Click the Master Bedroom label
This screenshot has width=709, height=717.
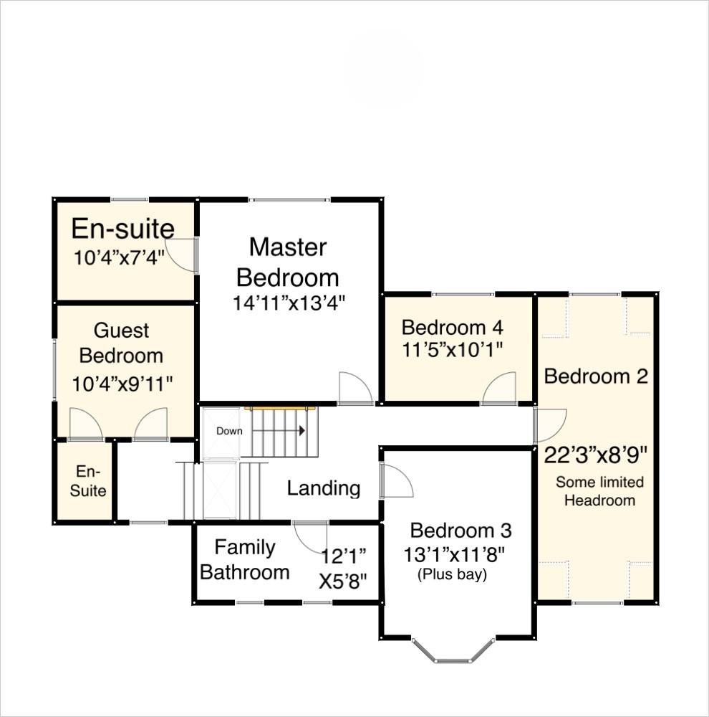coord(288,262)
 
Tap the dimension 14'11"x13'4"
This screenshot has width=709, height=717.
coord(289,303)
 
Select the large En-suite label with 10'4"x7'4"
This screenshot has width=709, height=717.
coord(123,229)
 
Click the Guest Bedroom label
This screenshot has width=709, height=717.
coord(122,343)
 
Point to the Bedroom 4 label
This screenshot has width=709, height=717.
coord(452,328)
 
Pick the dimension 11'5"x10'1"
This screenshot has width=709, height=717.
coord(452,349)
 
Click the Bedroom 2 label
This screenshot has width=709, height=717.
coord(596,376)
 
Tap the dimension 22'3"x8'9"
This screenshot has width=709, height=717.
coord(596,455)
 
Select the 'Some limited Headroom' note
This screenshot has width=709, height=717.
coord(599,491)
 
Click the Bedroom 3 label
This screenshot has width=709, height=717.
coord(460,531)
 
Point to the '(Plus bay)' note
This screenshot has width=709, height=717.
coord(452,574)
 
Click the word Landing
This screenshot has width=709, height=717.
coord(323,489)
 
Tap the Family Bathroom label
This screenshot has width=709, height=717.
coord(245,560)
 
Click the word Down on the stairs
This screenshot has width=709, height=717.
coord(229,431)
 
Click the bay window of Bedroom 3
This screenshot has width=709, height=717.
coord(453,652)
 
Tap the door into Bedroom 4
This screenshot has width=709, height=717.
coord(499,389)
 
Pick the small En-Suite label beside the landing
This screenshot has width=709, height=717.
coord(91,481)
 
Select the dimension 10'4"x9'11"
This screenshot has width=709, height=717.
coord(122,384)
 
